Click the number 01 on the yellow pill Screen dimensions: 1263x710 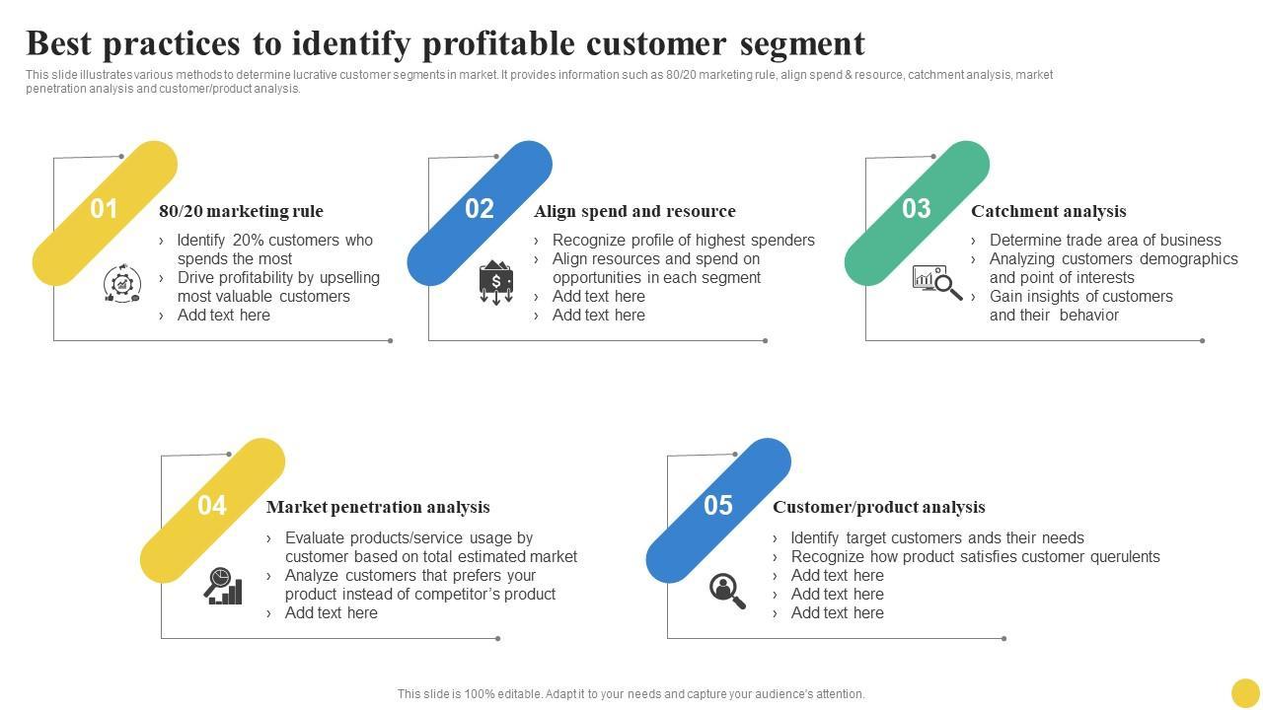[104, 209]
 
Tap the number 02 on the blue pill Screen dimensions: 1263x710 [480, 209]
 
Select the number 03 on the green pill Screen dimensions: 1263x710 [917, 209]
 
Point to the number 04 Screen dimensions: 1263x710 [212, 506]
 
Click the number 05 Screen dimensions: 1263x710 [718, 506]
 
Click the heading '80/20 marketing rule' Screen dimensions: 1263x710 [241, 211]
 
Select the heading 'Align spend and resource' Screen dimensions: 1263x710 [634, 211]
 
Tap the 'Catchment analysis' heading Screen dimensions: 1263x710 [1048, 211]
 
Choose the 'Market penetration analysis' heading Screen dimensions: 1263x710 [378, 507]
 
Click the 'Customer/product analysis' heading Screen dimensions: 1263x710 [878, 507]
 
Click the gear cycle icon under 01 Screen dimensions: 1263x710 [122, 284]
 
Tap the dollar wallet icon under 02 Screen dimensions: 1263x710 [495, 282]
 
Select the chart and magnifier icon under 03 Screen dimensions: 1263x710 [936, 282]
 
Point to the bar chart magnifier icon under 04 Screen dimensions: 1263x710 [223, 586]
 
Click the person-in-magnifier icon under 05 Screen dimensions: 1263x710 [727, 591]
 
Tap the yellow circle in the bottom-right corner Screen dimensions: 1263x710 [1245, 692]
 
